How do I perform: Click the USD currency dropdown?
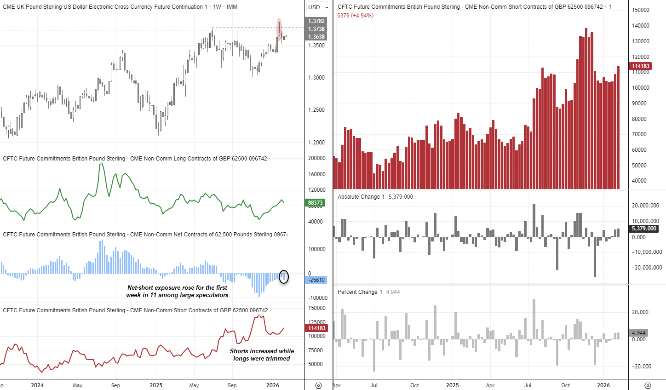(x=318, y=7)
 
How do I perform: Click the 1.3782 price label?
(x=316, y=21)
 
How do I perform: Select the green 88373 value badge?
(x=316, y=203)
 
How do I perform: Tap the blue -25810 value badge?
(x=316, y=280)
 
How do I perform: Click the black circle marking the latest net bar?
(x=284, y=276)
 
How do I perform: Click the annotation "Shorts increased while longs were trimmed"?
(x=262, y=355)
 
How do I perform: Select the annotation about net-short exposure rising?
(x=177, y=291)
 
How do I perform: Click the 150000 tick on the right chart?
(x=641, y=10)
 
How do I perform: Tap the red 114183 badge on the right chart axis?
(x=640, y=66)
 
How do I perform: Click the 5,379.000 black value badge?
(x=644, y=229)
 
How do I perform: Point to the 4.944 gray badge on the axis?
(x=639, y=333)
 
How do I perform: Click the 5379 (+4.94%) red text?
(x=355, y=16)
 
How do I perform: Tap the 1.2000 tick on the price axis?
(x=316, y=143)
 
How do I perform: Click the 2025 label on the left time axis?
(x=156, y=385)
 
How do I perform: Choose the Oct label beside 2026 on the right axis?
(x=565, y=385)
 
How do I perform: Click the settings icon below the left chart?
(x=318, y=385)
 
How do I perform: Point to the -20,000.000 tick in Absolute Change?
(x=647, y=268)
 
